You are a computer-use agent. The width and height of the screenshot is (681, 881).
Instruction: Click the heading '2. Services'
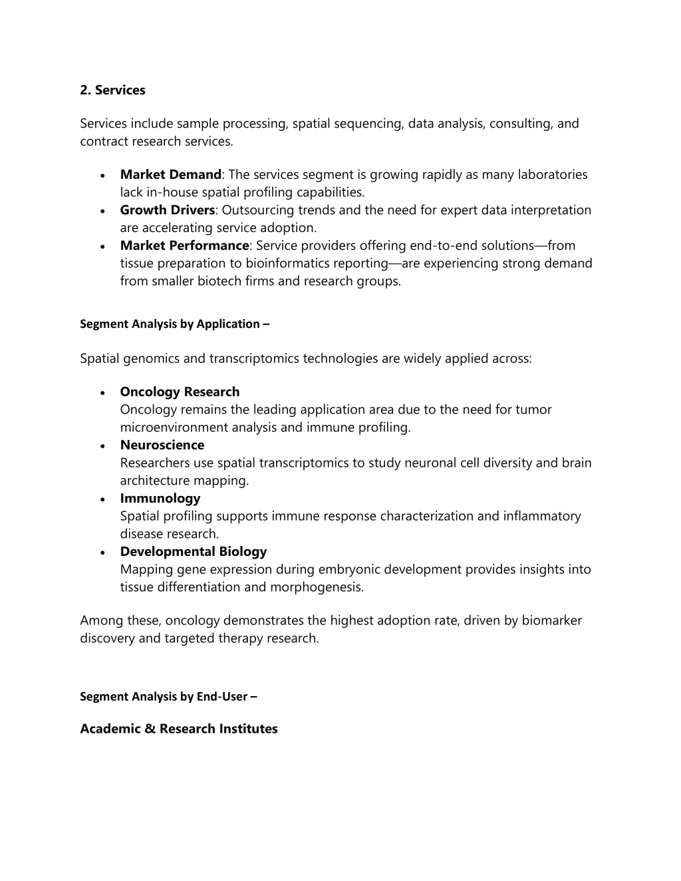pos(112,90)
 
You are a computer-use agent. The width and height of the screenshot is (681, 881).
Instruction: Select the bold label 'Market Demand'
pos(170,175)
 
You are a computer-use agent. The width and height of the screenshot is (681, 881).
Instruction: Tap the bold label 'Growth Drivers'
pos(167,210)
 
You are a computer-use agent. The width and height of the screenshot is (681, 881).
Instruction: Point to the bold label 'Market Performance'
pos(184,245)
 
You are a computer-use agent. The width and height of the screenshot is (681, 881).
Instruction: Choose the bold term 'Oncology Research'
pos(180,392)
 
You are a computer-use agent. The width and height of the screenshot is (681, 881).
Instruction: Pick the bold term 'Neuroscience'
pos(162,445)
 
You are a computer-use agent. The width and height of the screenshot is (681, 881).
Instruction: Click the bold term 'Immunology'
pos(160,498)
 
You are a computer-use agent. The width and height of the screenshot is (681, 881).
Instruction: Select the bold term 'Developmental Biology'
pos(193,551)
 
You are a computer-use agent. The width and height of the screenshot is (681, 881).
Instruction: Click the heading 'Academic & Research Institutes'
pos(179,729)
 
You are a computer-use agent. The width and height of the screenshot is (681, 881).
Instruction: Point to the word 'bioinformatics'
pos(290,263)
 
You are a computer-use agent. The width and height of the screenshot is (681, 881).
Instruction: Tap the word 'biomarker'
pos(551,620)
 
